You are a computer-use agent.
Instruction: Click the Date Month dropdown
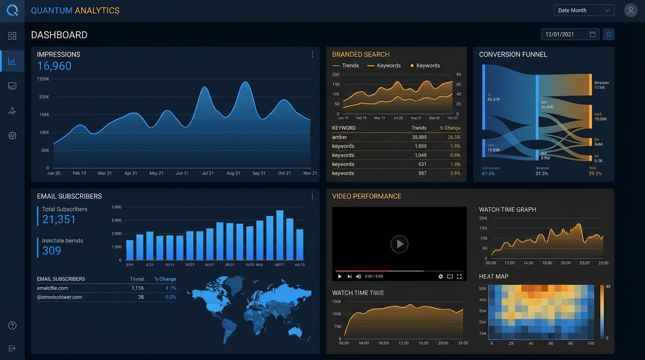[x=584, y=10]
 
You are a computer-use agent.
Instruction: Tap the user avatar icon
[x=631, y=10]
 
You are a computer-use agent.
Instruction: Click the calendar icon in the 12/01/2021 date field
[x=592, y=34]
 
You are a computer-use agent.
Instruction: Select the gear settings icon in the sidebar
[x=12, y=135]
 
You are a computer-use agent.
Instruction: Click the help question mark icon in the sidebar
[x=12, y=325]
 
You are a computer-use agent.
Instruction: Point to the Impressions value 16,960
[x=54, y=66]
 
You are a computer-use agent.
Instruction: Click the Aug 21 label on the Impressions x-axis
[x=233, y=173]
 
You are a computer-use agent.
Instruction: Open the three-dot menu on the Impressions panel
[x=312, y=54]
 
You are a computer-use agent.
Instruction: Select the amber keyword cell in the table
[x=340, y=137]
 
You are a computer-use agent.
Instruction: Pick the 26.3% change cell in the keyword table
[x=454, y=137]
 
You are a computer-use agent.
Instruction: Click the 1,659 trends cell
[x=420, y=146]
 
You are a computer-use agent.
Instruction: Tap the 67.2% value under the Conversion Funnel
[x=488, y=173]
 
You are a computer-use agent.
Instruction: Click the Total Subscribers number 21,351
[x=59, y=219]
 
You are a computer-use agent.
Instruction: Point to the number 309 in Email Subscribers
[x=52, y=251]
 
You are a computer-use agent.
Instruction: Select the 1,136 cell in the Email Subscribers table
[x=137, y=288]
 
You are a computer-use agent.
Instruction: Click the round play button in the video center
[x=399, y=244]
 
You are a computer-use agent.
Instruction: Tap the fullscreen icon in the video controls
[x=459, y=277]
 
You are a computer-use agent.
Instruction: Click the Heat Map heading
[x=494, y=277]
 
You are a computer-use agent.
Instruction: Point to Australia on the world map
[x=295, y=331]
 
